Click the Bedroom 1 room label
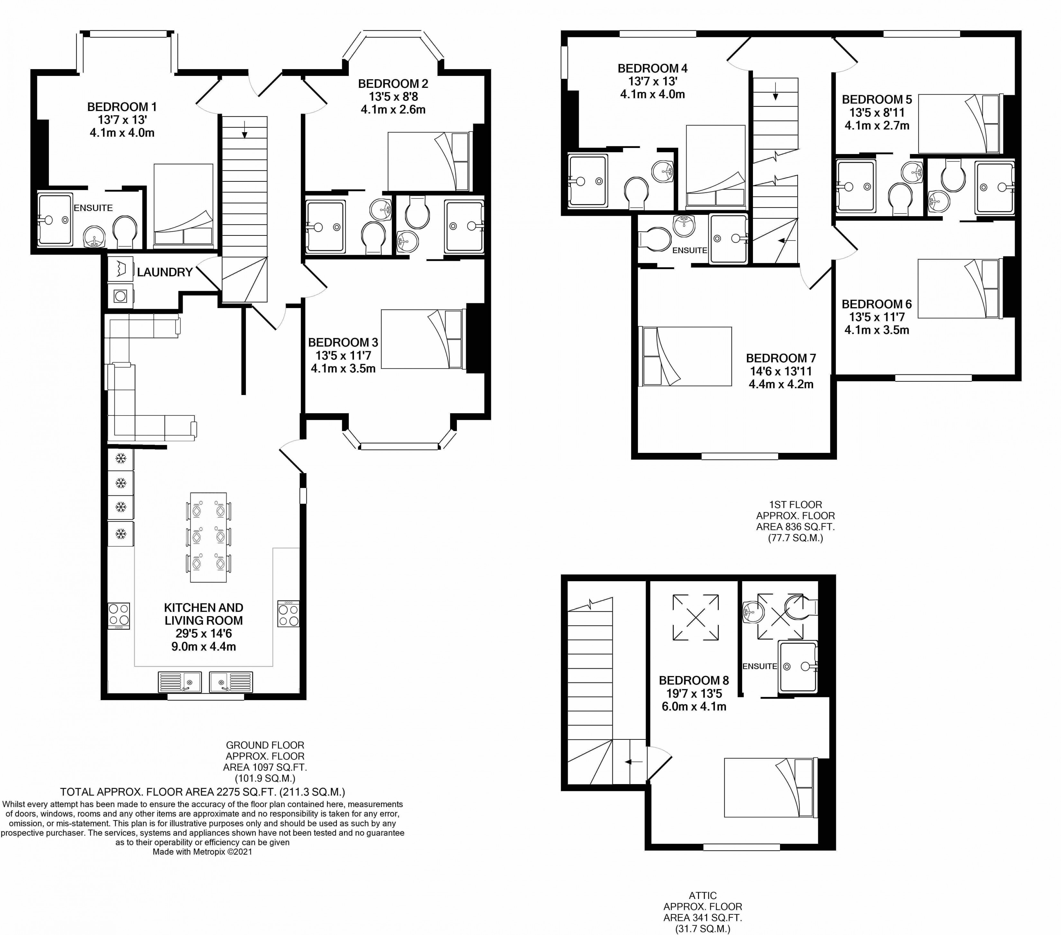click(x=122, y=107)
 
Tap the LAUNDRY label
click(x=165, y=272)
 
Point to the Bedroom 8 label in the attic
click(x=694, y=680)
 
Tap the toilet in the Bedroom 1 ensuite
click(x=124, y=232)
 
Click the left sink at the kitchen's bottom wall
click(x=180, y=682)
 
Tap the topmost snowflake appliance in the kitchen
click(x=121, y=459)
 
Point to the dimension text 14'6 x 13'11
click(x=781, y=371)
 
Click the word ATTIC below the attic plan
click(x=703, y=895)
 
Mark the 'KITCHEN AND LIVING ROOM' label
click(x=204, y=614)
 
